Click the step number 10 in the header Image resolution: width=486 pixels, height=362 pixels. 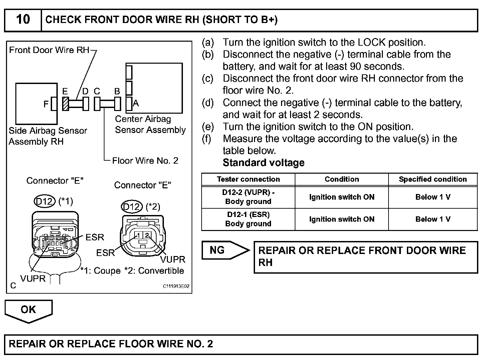coord(23,19)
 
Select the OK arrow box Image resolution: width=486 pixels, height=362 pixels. coord(28,310)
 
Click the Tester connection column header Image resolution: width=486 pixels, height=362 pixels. coord(248,179)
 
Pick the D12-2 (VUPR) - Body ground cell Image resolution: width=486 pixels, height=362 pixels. coord(248,197)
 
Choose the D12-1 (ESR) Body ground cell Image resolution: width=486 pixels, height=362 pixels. coord(248,219)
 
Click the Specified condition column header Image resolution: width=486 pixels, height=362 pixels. coord(433,179)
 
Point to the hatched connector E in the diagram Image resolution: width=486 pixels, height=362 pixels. coord(66,104)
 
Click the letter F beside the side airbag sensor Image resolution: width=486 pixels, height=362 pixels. coord(46,104)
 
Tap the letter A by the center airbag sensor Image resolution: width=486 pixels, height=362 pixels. coord(136,103)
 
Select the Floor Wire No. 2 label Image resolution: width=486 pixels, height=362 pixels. coord(145,161)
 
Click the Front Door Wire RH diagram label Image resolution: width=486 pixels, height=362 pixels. coord(49,50)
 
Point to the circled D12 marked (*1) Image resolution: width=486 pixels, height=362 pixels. coord(45,201)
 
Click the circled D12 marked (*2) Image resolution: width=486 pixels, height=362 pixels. coord(132,207)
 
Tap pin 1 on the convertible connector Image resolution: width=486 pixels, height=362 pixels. coord(139,235)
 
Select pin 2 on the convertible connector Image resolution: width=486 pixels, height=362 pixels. coord(147,235)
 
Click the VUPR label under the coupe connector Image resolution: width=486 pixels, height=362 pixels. coord(33,279)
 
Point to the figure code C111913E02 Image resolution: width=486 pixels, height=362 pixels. coord(176,286)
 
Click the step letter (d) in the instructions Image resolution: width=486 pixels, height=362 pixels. coord(208,103)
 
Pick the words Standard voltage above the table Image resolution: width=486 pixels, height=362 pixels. coord(263,163)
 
